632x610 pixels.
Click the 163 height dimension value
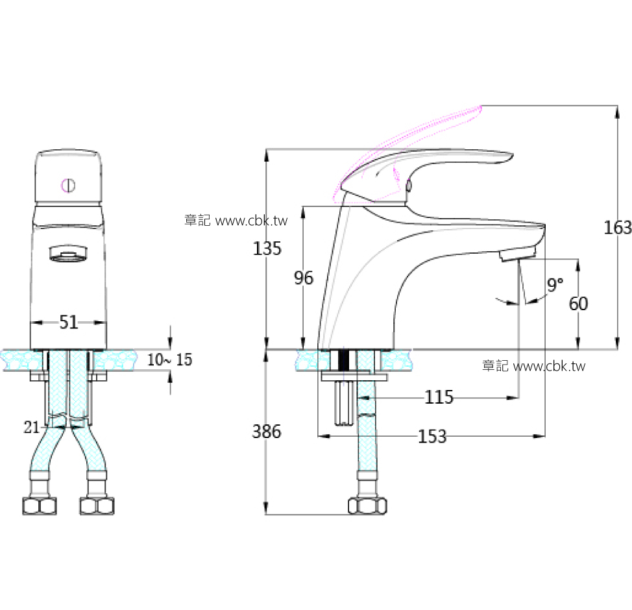(617, 228)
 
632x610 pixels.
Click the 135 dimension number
(267, 249)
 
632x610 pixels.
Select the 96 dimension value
(303, 278)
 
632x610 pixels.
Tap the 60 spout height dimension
(578, 303)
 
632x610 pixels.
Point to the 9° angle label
(555, 284)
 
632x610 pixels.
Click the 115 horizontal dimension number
(439, 397)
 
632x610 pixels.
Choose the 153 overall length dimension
(432, 437)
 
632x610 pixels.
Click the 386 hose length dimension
(267, 432)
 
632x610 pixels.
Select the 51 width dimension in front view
(69, 323)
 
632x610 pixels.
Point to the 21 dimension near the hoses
(31, 427)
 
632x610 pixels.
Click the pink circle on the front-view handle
(68, 185)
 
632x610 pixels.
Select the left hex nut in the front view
(40, 506)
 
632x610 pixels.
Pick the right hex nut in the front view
(95, 506)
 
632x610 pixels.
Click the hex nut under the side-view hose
(367, 506)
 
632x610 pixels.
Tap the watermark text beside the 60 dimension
(533, 366)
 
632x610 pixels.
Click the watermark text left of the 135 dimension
(236, 221)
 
